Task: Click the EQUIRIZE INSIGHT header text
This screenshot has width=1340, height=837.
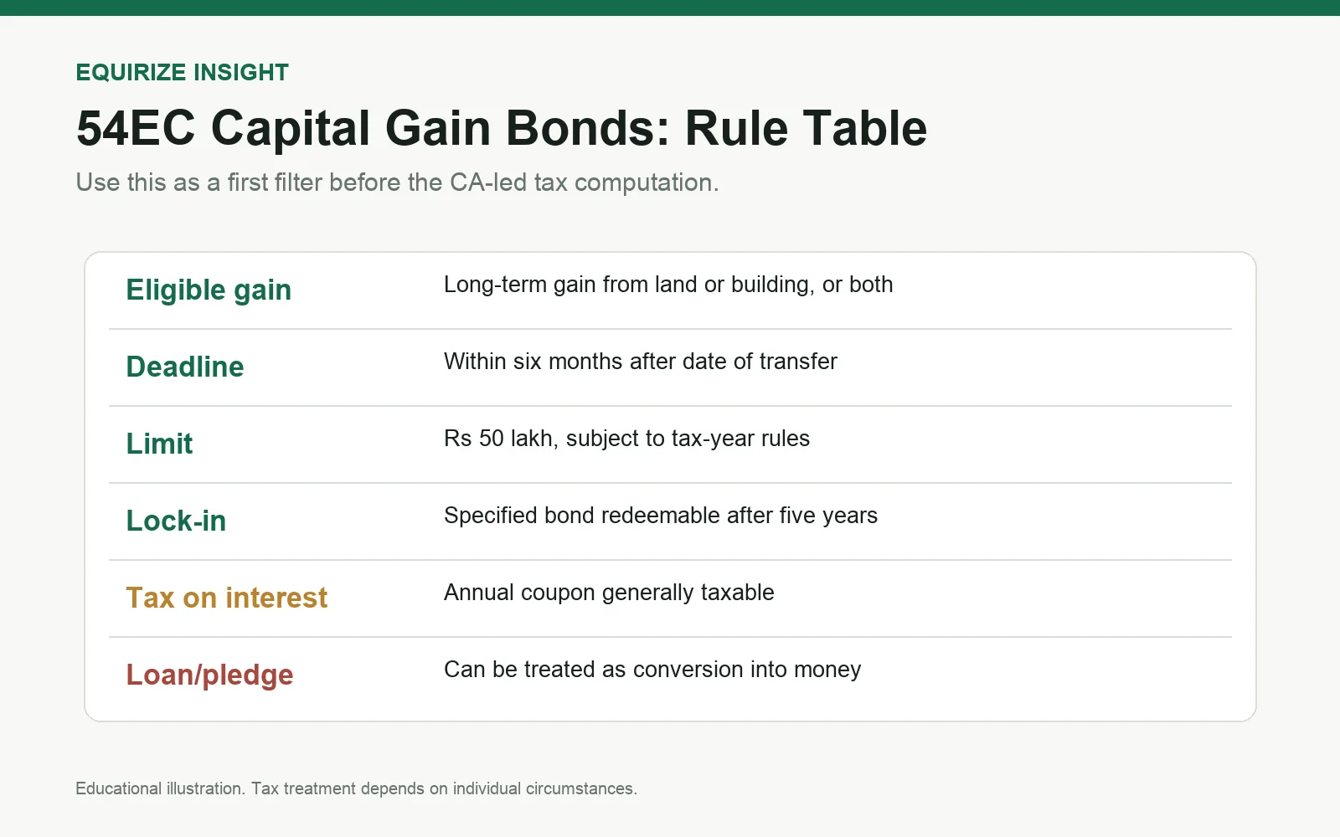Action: [x=182, y=72]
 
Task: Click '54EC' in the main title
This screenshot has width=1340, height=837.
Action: [x=136, y=128]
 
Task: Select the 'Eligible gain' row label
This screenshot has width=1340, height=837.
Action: [x=209, y=290]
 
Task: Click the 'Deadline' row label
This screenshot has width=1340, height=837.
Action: [x=185, y=367]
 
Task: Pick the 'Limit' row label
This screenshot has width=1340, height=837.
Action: [x=159, y=444]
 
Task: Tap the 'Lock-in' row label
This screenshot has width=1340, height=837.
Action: [x=176, y=521]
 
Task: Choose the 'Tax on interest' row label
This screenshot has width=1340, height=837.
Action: [x=227, y=598]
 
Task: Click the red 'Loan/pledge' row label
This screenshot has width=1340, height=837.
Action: [x=209, y=675]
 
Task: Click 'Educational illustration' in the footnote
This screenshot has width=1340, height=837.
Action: [x=160, y=788]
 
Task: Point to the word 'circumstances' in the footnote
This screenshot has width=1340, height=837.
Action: [x=580, y=788]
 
